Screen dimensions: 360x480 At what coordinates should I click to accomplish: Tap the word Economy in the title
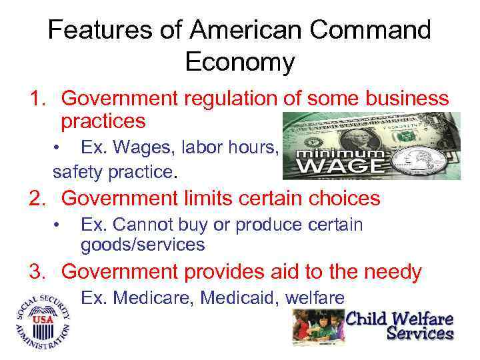tap(240, 62)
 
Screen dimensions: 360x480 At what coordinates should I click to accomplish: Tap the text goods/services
tap(142, 245)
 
